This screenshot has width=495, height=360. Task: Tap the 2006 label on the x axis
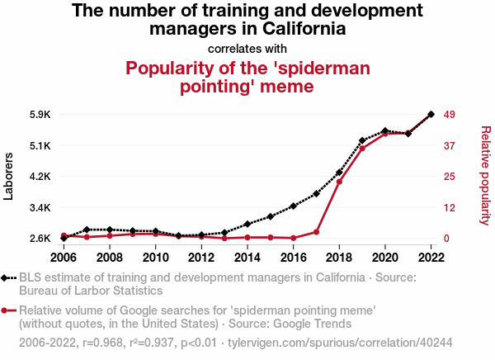pos(64,257)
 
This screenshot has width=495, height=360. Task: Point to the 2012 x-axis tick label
pos(201,257)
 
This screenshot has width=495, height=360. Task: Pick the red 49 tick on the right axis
pos(451,114)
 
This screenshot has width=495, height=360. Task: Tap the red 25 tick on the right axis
pos(451,177)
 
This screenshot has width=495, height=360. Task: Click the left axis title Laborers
pos(10,176)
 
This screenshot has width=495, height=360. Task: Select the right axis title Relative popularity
pos(485,175)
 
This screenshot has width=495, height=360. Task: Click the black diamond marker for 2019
pos(362,141)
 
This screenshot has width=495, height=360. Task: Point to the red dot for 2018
pos(339,182)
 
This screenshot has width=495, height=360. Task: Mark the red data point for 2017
pos(316,232)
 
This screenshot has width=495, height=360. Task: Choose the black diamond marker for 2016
pos(293,206)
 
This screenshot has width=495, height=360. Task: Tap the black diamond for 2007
pos(87,230)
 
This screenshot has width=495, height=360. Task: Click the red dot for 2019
pos(362,149)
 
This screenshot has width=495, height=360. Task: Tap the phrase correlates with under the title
pos(247,47)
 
